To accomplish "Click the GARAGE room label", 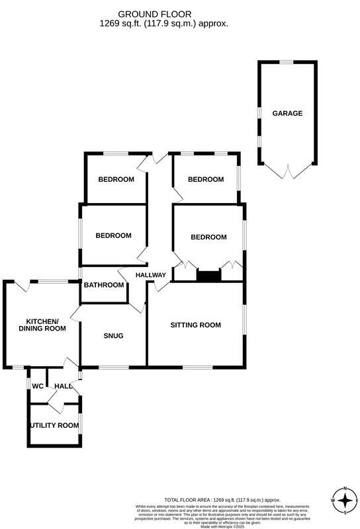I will [x=287, y=113].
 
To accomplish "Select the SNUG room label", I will [x=113, y=335].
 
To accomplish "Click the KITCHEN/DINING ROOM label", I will [x=42, y=324].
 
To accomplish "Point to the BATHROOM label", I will [x=104, y=285].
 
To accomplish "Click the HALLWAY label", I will [x=150, y=274].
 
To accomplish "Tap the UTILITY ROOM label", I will [x=55, y=425].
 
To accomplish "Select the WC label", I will [x=38, y=386].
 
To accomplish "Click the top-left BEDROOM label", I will [x=116, y=179].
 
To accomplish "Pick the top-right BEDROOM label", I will [x=206, y=179].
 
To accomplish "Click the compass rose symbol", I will [x=345, y=501].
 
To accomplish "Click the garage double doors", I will [x=287, y=173].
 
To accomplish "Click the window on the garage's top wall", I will [x=286, y=62].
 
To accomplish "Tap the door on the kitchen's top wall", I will [x=22, y=286].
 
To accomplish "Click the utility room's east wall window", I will [x=80, y=426].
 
